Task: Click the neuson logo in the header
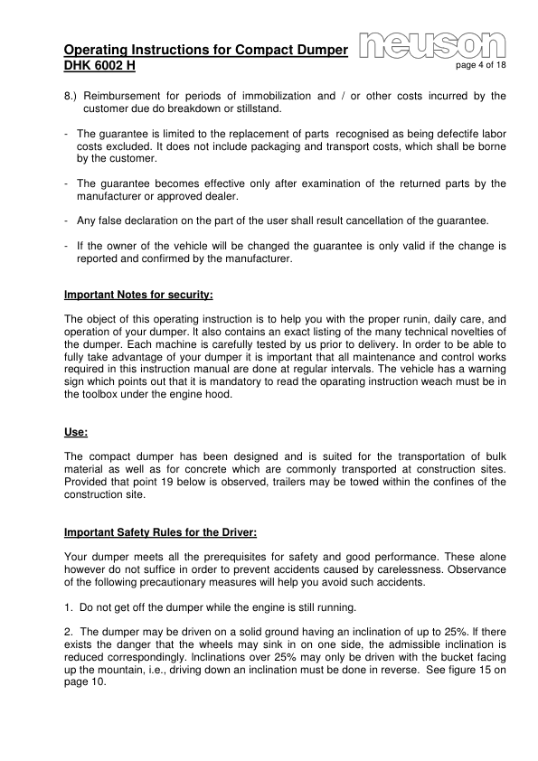coord(432,44)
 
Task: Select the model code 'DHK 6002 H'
coord(99,67)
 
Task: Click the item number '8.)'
coord(72,96)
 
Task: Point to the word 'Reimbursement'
coord(127,96)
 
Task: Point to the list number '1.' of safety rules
coord(70,607)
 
